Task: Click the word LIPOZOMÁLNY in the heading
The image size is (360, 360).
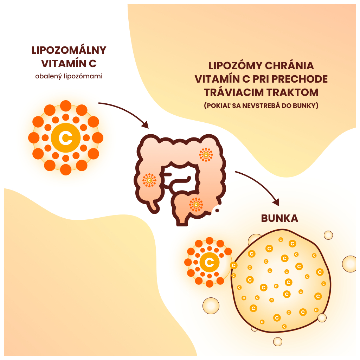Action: point(69,50)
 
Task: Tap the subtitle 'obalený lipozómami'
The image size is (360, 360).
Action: point(69,76)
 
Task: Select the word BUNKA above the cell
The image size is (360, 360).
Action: point(279,218)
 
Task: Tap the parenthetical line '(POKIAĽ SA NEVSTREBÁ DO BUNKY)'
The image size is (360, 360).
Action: point(261,105)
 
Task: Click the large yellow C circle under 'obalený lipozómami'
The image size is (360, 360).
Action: point(65,138)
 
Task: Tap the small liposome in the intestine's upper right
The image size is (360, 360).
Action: point(206,154)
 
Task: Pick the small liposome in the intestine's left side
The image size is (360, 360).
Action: point(149,180)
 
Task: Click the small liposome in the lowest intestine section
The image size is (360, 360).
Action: point(196,204)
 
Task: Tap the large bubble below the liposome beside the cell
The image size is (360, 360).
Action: point(211,306)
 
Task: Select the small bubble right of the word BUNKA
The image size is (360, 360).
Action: point(328,235)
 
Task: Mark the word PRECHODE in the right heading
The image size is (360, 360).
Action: point(300,79)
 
